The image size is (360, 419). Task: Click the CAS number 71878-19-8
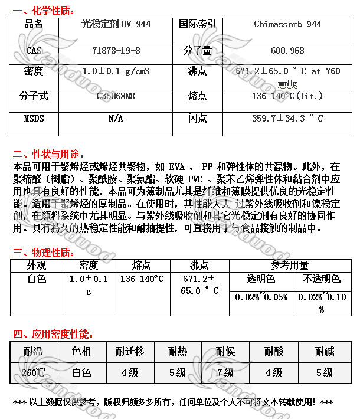[x=116, y=51]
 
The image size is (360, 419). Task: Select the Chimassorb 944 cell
[x=287, y=24]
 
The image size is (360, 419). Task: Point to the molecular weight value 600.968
[x=287, y=51]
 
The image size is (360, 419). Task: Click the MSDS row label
[x=34, y=119]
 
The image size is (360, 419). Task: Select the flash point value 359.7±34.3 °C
[x=287, y=119]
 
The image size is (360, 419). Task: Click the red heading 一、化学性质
[x=41, y=9]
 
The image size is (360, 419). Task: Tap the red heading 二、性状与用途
[x=45, y=154]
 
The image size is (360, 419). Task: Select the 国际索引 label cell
[x=197, y=24]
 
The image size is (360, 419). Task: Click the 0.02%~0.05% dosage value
[x=261, y=297]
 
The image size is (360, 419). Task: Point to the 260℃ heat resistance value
[x=34, y=372]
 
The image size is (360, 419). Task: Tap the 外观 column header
[x=37, y=265]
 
